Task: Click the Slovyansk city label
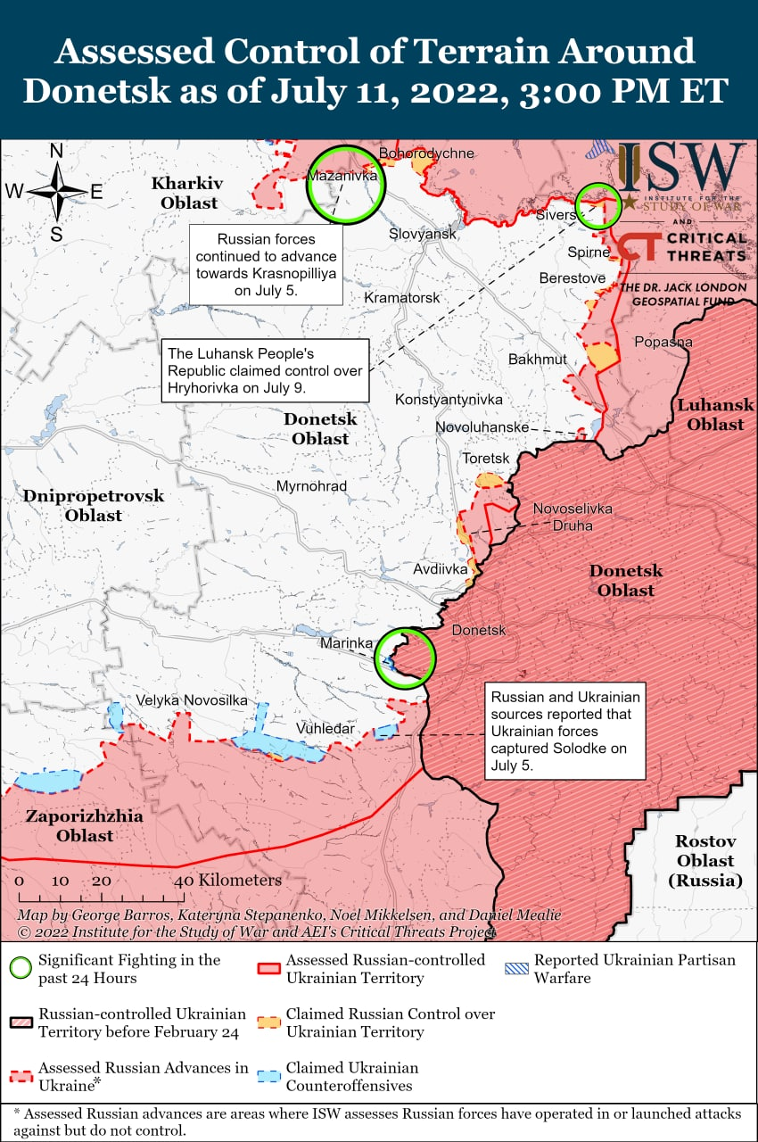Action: click(423, 234)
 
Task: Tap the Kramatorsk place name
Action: click(402, 297)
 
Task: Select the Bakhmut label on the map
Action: click(537, 360)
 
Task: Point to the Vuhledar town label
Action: click(325, 729)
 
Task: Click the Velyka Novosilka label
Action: click(192, 700)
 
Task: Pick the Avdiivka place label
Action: click(441, 568)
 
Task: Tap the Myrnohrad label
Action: click(311, 486)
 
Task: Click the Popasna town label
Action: click(663, 342)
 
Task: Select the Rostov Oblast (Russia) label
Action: click(704, 860)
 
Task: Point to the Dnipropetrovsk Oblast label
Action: click(94, 505)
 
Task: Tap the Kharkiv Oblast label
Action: click(187, 193)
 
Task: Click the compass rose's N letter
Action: click(56, 151)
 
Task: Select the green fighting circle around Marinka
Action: click(404, 658)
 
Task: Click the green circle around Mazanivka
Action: click(345, 185)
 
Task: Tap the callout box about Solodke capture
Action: click(565, 732)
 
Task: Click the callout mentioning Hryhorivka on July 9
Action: click(265, 370)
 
